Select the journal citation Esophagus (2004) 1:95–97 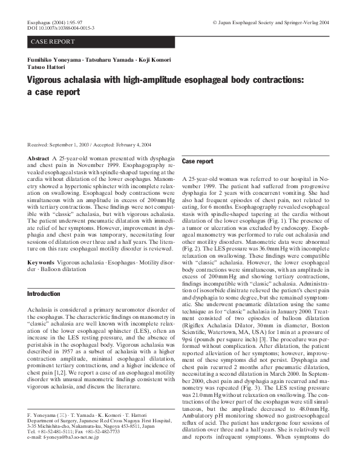[55, 22]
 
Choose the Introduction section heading [44, 293]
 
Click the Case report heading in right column [198, 162]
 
